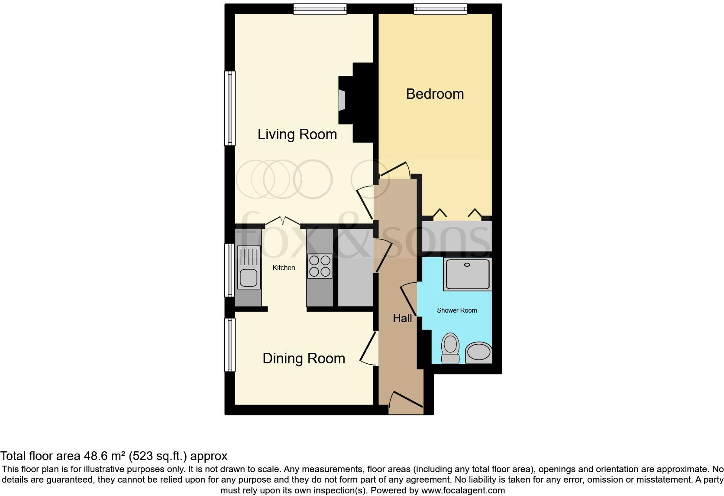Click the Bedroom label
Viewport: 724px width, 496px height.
click(x=435, y=94)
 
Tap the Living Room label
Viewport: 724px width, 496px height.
click(x=297, y=134)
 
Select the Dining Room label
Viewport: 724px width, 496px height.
click(x=304, y=359)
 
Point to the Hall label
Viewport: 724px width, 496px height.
click(x=402, y=318)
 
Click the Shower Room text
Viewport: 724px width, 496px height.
click(x=457, y=310)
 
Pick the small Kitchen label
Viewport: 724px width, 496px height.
click(x=284, y=268)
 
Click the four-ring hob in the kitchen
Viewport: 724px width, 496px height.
click(x=320, y=266)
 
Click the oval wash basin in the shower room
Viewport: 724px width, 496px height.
click(x=478, y=352)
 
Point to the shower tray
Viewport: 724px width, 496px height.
click(x=467, y=274)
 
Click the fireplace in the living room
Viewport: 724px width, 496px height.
click(x=343, y=101)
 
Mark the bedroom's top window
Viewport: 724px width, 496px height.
click(x=440, y=9)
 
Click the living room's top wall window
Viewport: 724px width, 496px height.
click(x=320, y=9)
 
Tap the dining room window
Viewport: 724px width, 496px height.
click(x=230, y=345)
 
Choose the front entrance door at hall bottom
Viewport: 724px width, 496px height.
click(x=406, y=401)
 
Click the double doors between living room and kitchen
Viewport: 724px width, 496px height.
click(x=282, y=221)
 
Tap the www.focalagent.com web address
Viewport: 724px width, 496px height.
click(x=463, y=490)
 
